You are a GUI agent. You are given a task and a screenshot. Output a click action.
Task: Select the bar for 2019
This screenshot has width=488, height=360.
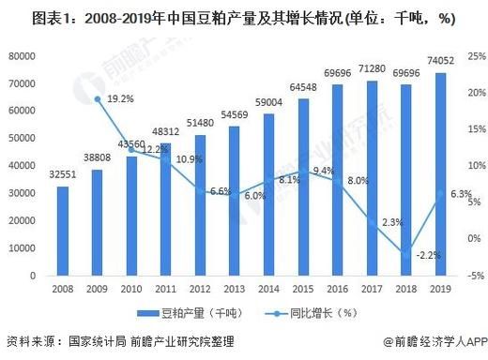pyautogui.click(x=440, y=174)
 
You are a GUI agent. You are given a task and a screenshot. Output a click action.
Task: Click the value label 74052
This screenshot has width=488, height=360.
pyautogui.click(x=439, y=61)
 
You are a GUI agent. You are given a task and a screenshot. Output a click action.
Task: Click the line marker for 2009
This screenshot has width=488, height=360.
pyautogui.click(x=97, y=97)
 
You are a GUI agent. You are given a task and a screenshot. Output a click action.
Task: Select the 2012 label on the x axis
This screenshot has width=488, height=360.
pyautogui.click(x=200, y=290)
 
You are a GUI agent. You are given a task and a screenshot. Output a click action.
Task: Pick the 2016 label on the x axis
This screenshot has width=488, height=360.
pyautogui.click(x=337, y=290)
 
